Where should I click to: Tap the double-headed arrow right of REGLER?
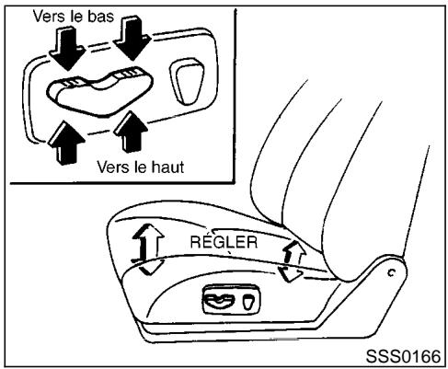292,260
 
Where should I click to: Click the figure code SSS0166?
402,356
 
